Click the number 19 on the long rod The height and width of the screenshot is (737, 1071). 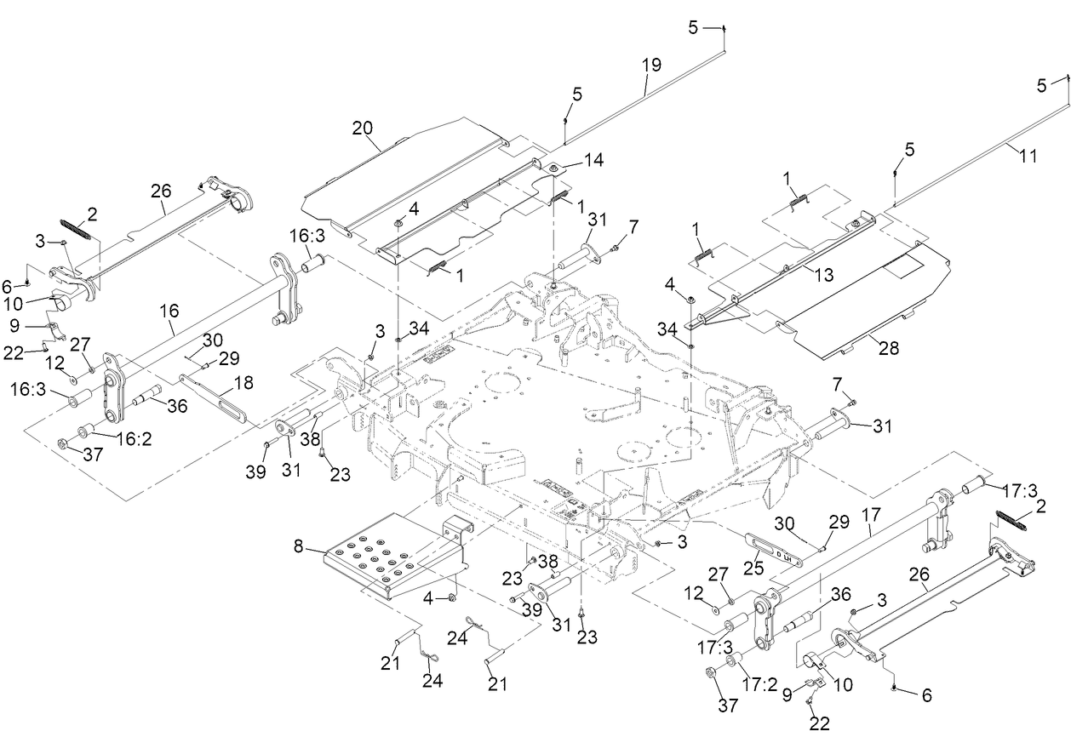click(x=650, y=64)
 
